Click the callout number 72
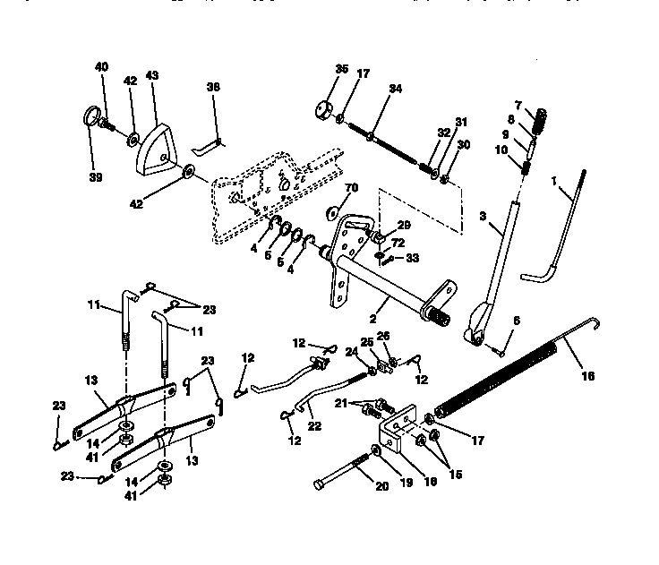[x=398, y=244]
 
